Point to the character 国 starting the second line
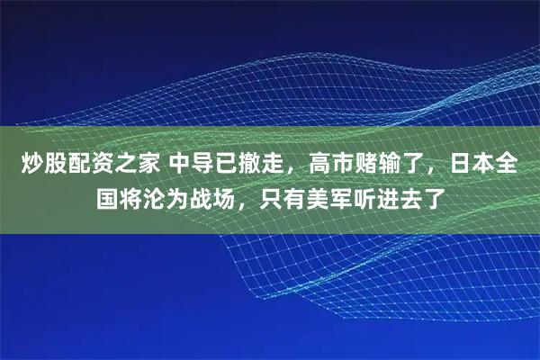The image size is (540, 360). click(108, 195)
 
